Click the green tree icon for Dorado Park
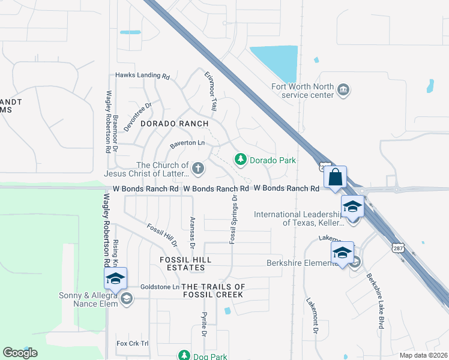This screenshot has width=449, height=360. point(241,159)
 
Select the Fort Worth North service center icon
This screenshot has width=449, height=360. point(343,91)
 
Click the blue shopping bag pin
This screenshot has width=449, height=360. point(336,178)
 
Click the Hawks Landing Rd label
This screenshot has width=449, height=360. point(143,76)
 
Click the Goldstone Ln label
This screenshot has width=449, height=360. point(159,287)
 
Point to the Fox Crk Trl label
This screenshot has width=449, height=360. point(131,343)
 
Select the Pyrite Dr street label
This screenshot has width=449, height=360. point(204,324)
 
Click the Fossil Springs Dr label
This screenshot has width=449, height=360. point(232,218)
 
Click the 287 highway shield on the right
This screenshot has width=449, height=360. point(397,247)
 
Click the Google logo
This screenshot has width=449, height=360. point(20,353)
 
